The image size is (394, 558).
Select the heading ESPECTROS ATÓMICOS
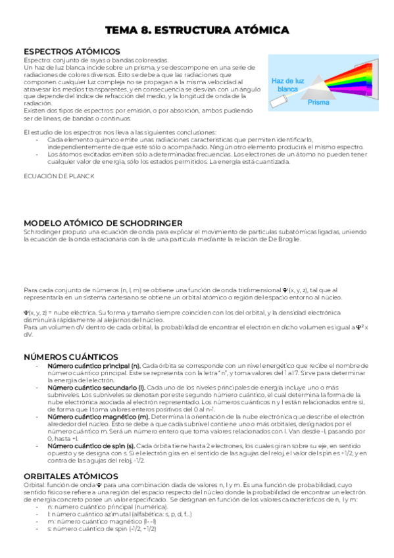click(x=72, y=51)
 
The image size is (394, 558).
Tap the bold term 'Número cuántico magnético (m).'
click(x=98, y=417)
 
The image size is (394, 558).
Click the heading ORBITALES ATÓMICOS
click(x=70, y=476)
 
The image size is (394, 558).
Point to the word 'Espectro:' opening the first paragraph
click(x=36, y=59)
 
